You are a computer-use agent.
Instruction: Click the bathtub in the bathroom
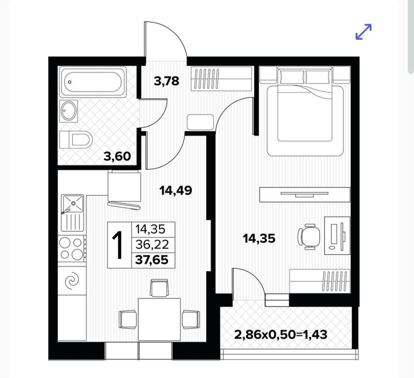pyautogui.click(x=93, y=82)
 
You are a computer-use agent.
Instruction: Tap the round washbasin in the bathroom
pyautogui.click(x=69, y=111)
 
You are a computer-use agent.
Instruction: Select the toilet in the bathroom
pyautogui.click(x=76, y=139)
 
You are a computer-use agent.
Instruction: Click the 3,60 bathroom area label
pyautogui.click(x=117, y=156)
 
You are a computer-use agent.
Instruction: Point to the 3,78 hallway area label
pyautogui.click(x=167, y=81)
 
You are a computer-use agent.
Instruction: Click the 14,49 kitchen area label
pyautogui.click(x=176, y=190)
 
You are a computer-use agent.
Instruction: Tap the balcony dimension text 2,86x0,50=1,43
pyautogui.click(x=281, y=335)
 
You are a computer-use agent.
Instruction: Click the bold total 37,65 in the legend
pyautogui.click(x=152, y=260)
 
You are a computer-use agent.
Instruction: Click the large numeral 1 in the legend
pyautogui.click(x=118, y=245)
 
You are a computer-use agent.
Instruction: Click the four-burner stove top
pyautogui.click(x=72, y=249)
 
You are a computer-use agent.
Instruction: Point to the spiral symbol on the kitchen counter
pyautogui.click(x=72, y=281)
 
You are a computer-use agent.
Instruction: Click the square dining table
pyautogui.click(x=159, y=319)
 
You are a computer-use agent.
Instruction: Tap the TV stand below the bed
pyautogui.click(x=305, y=195)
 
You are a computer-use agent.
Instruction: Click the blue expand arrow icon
pyautogui.click(x=363, y=32)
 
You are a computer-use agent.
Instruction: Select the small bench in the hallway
pyautogui.click(x=200, y=122)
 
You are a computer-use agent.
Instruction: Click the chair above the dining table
pyautogui.click(x=159, y=288)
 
